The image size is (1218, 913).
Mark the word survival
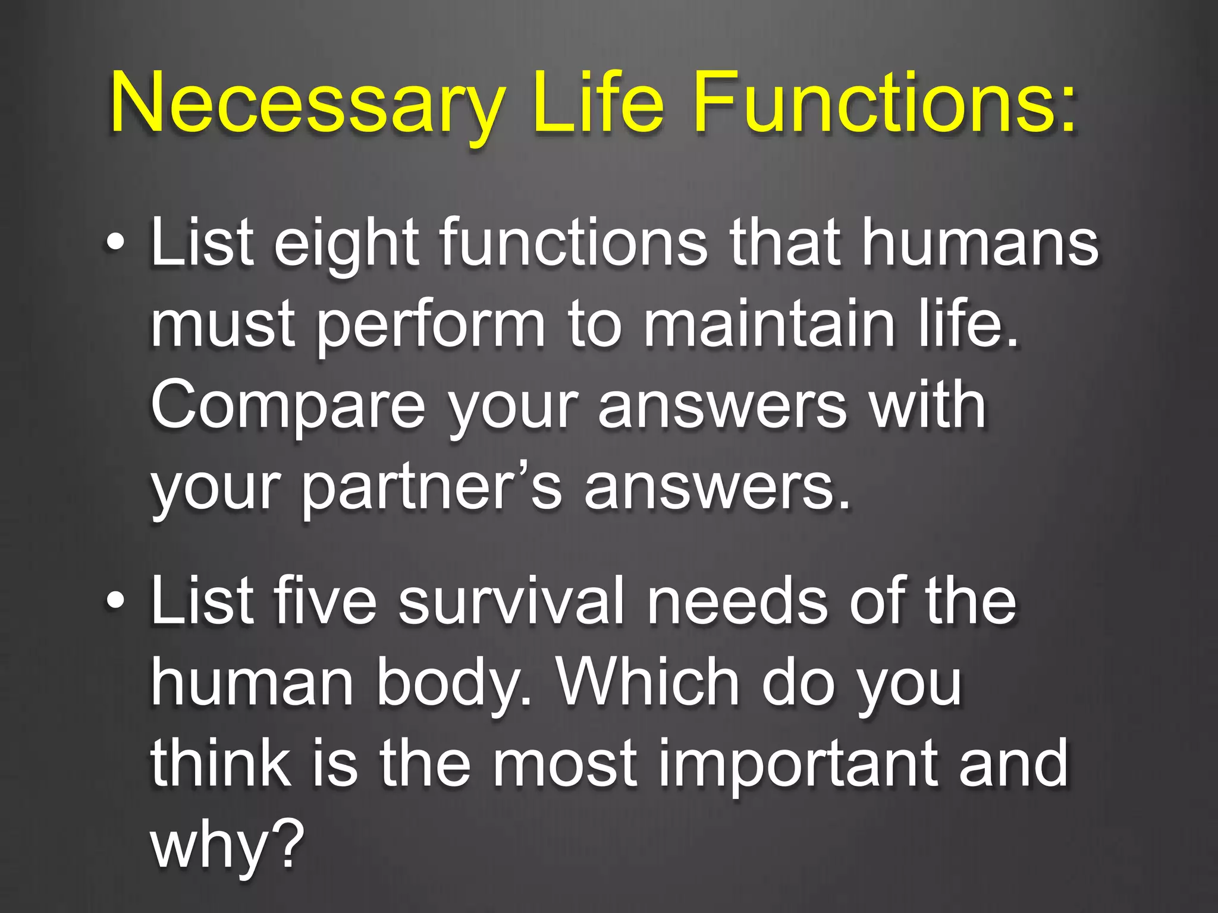(511, 602)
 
